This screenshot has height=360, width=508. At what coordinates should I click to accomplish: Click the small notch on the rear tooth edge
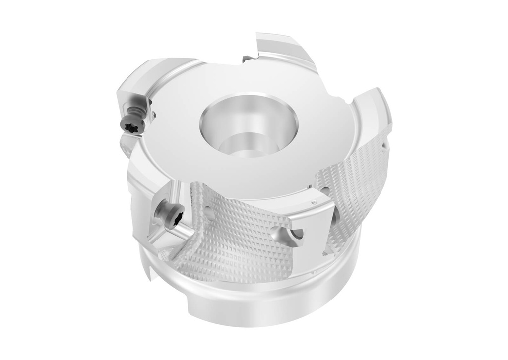pos(248,59)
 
